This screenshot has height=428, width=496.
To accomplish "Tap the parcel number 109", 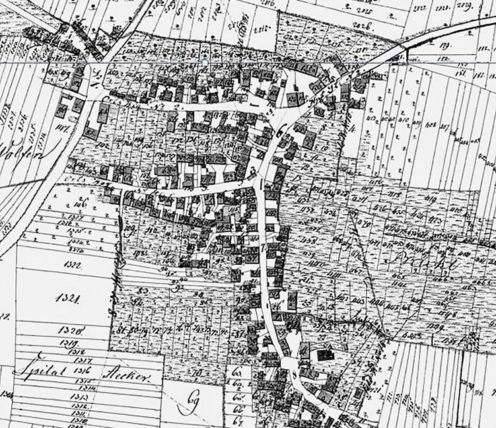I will pyautogui.click(x=129, y=231).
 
